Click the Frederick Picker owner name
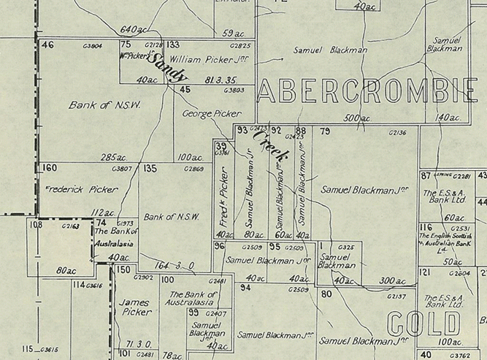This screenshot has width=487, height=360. point(81,188)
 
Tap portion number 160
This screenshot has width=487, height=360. point(50,169)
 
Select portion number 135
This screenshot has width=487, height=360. point(150,169)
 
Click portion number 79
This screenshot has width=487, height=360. point(326,131)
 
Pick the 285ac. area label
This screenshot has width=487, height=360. point(113,156)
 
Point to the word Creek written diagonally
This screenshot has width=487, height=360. point(272,145)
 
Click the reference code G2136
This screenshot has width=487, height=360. point(398,133)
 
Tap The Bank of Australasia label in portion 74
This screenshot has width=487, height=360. point(113,237)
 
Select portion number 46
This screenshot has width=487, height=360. point(48,45)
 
